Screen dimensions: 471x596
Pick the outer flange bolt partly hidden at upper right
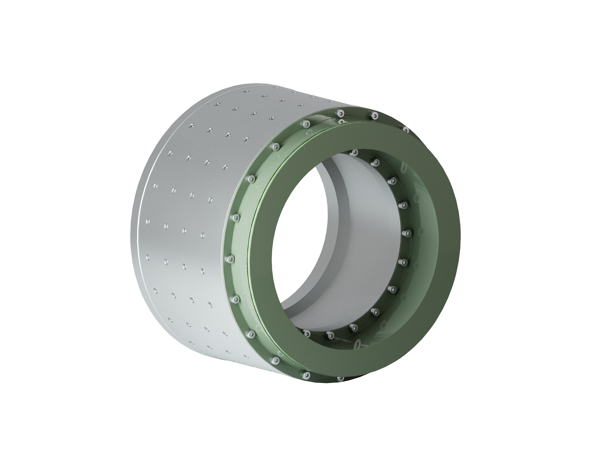(406, 129)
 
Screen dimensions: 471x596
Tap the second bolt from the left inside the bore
(330, 335)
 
